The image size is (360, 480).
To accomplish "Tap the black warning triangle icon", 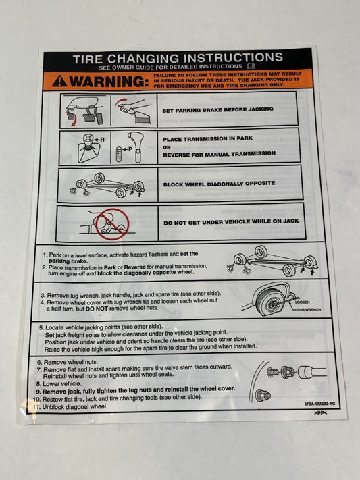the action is [59, 81].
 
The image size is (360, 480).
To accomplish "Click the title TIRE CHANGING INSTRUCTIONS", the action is [178, 58].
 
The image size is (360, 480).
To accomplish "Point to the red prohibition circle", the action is [112, 224].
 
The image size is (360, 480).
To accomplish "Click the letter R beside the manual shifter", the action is [103, 140].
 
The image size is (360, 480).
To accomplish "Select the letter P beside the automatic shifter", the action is [130, 149].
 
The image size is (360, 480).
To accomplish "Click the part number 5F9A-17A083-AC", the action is [319, 404].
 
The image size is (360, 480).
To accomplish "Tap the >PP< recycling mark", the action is [320, 413].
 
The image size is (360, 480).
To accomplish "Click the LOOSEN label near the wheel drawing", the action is [303, 302].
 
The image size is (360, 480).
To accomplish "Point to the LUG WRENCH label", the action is [309, 309].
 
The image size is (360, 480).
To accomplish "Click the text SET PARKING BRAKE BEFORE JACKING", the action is [217, 109].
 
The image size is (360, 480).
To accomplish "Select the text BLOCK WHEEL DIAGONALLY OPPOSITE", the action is [219, 184].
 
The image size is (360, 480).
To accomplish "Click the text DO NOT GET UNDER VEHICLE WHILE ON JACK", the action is [231, 221].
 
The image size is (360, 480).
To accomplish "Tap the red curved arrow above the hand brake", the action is [122, 101].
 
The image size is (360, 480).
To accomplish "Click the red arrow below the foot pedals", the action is [74, 122].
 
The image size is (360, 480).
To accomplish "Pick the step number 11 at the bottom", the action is [36, 407].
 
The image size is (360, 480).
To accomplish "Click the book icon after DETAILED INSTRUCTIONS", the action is [251, 66].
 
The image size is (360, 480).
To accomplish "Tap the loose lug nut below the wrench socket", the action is [263, 395].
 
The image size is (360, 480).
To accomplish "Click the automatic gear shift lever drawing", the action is [136, 146].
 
